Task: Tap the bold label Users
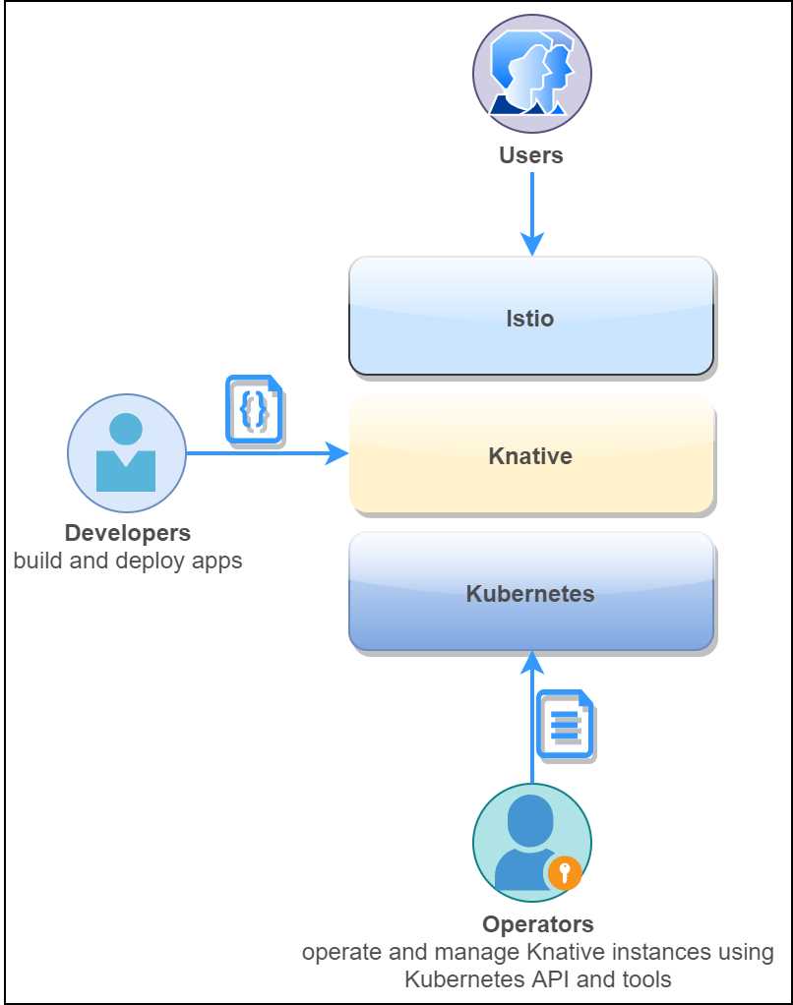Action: [x=531, y=155]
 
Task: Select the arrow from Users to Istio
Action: [x=531, y=211]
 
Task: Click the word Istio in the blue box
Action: [x=530, y=319]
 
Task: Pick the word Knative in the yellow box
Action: [x=530, y=456]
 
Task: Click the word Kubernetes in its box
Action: [x=530, y=594]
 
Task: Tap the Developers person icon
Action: [x=126, y=452]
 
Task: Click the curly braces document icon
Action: [x=255, y=409]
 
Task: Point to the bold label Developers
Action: [x=127, y=533]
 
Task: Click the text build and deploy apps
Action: [x=127, y=562]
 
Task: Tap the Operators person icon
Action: [x=531, y=843]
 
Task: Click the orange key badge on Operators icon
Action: [x=564, y=871]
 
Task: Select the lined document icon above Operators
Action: [x=566, y=725]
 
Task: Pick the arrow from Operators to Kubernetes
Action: [x=531, y=728]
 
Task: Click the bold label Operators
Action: [x=537, y=924]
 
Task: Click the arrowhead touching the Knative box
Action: [x=338, y=453]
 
